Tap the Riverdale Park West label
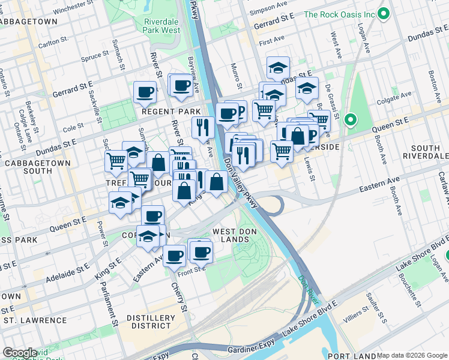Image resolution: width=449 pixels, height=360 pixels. point(162,26)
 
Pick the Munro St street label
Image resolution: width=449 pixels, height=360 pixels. point(235,71)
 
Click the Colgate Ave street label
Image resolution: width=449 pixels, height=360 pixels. point(397,95)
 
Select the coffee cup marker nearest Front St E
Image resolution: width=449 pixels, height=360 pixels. point(175,255)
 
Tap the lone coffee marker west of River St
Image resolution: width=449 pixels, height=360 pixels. point(145,92)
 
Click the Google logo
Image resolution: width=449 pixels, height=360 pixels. point(19,353)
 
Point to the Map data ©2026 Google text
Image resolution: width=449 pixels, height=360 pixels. point(412,355)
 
